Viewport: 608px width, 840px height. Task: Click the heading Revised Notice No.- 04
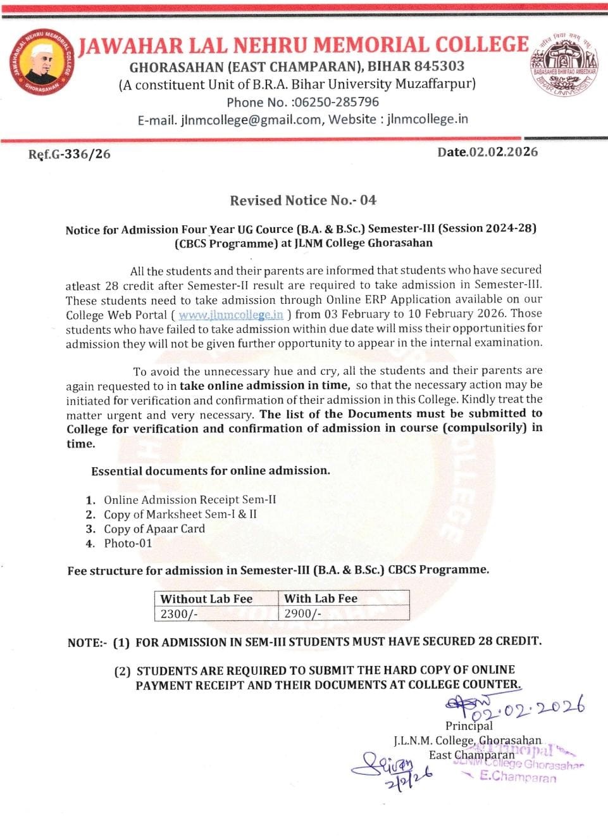point(303,201)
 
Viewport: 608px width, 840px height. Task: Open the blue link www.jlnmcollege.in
point(231,315)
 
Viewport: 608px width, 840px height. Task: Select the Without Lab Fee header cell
point(206,599)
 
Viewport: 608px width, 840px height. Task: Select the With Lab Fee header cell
point(321,598)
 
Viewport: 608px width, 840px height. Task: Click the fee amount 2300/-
point(179,613)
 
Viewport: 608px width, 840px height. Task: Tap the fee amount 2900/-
point(303,613)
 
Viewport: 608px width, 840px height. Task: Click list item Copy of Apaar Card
point(154,529)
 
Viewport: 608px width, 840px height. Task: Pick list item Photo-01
point(128,544)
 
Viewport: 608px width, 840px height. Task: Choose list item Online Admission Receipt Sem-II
point(190,500)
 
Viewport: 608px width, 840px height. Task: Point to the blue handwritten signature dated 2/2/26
point(392,770)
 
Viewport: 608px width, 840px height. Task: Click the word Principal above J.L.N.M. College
point(469,725)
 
